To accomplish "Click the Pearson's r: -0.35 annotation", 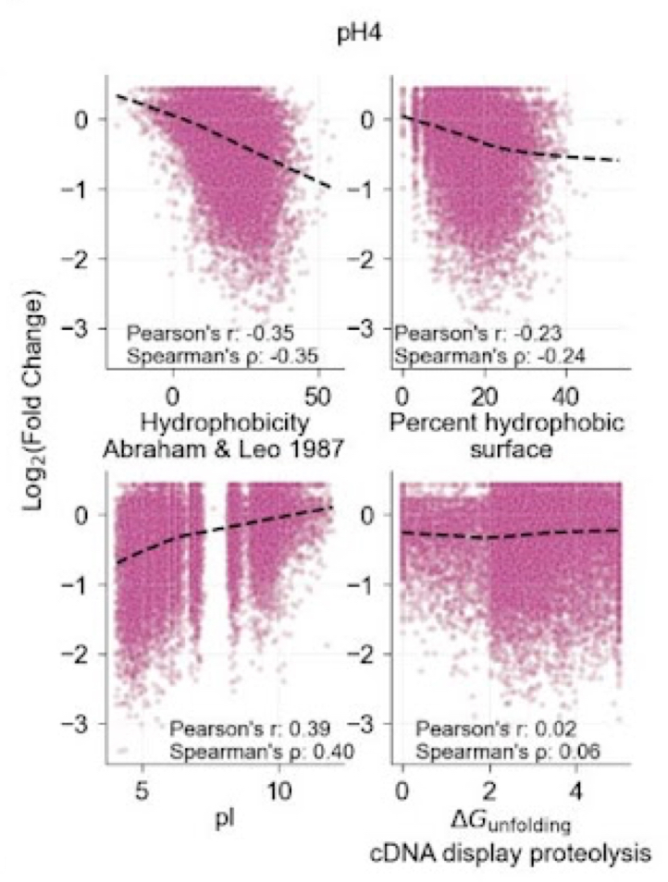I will click(198, 333).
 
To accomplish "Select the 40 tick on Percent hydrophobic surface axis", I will click(565, 396).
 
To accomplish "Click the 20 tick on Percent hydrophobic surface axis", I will click(484, 396).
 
